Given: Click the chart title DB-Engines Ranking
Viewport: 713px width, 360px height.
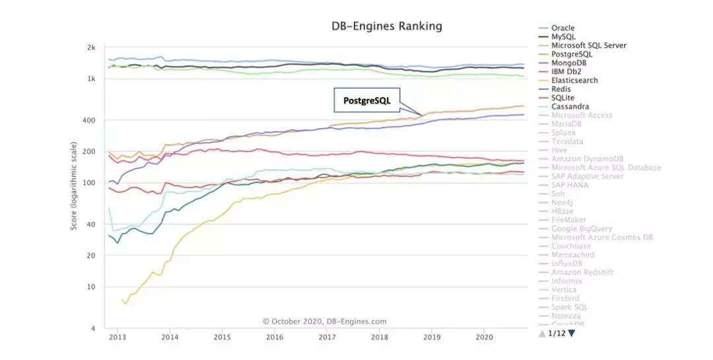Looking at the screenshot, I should pyautogui.click(x=386, y=26).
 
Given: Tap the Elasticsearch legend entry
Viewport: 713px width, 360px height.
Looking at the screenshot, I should pyautogui.click(x=574, y=81).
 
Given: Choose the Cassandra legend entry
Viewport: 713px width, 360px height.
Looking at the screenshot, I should pyautogui.click(x=570, y=106).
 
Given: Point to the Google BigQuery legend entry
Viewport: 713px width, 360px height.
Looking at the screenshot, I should pyautogui.click(x=582, y=229).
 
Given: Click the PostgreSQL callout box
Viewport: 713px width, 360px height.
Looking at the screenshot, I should pyautogui.click(x=367, y=101).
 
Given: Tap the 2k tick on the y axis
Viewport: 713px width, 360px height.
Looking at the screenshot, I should pyautogui.click(x=91, y=48).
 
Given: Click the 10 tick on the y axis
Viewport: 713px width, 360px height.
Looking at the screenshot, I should pyautogui.click(x=92, y=287).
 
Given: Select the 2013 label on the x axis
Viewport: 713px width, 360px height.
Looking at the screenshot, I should pyautogui.click(x=118, y=336).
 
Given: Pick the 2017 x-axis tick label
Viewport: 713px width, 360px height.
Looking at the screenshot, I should pyautogui.click(x=327, y=336).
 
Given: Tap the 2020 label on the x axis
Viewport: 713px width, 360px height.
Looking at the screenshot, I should pyautogui.click(x=484, y=336).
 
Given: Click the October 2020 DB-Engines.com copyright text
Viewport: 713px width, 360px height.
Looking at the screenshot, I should pyautogui.click(x=324, y=322).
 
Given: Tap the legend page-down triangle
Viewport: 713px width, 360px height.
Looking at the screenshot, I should pyautogui.click(x=572, y=334).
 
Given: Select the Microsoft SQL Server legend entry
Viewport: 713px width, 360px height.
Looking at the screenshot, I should pyautogui.click(x=589, y=46).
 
